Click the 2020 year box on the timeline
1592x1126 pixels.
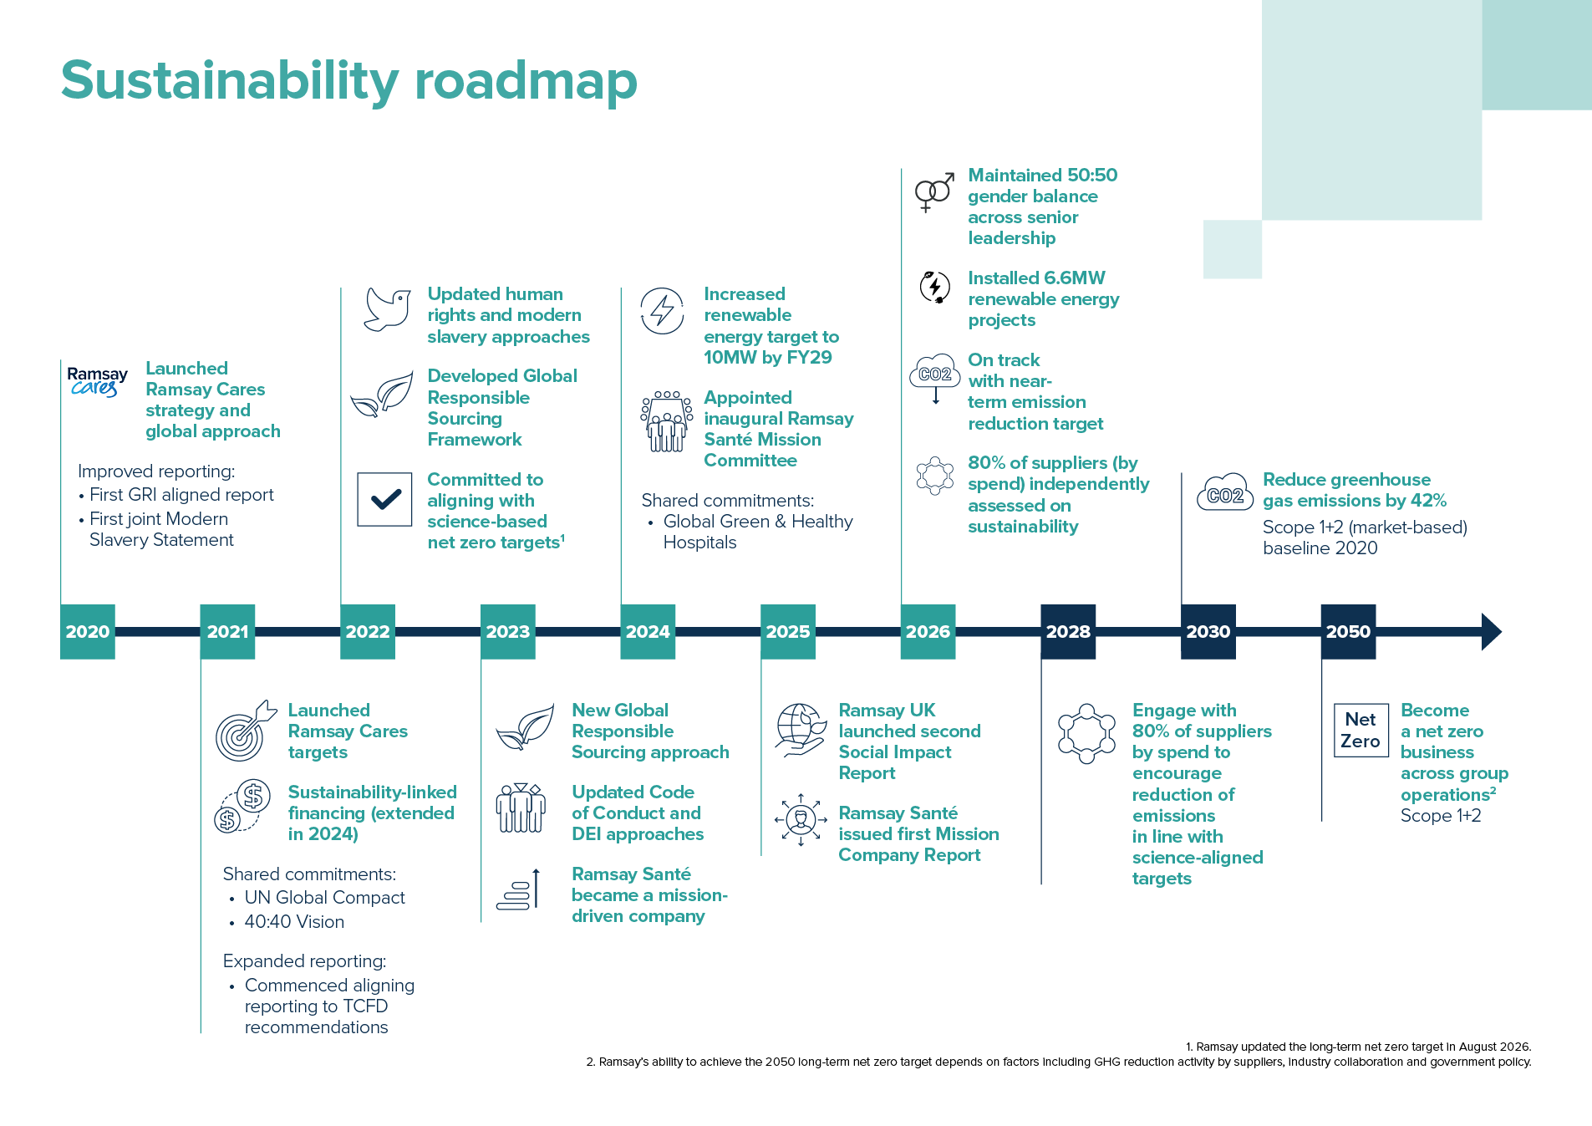(88, 632)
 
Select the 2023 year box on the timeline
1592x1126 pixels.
(508, 632)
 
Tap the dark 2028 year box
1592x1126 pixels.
(1068, 632)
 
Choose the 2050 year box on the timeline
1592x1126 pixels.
(1348, 632)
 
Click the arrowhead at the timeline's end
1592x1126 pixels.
(1492, 632)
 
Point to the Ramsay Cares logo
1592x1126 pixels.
(98, 381)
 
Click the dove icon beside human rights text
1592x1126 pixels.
(388, 309)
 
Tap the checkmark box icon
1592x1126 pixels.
(384, 499)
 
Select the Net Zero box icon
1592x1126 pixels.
(1361, 730)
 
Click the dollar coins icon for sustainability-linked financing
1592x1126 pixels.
(242, 805)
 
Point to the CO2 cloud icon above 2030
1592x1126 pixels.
(1225, 494)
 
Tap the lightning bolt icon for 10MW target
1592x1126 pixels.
(662, 311)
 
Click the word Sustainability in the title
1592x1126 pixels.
(230, 81)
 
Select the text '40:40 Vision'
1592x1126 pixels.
(294, 922)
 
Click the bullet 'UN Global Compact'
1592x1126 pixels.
(324, 898)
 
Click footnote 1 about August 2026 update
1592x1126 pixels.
(1358, 1047)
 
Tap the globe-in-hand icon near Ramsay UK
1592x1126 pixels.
(800, 730)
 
